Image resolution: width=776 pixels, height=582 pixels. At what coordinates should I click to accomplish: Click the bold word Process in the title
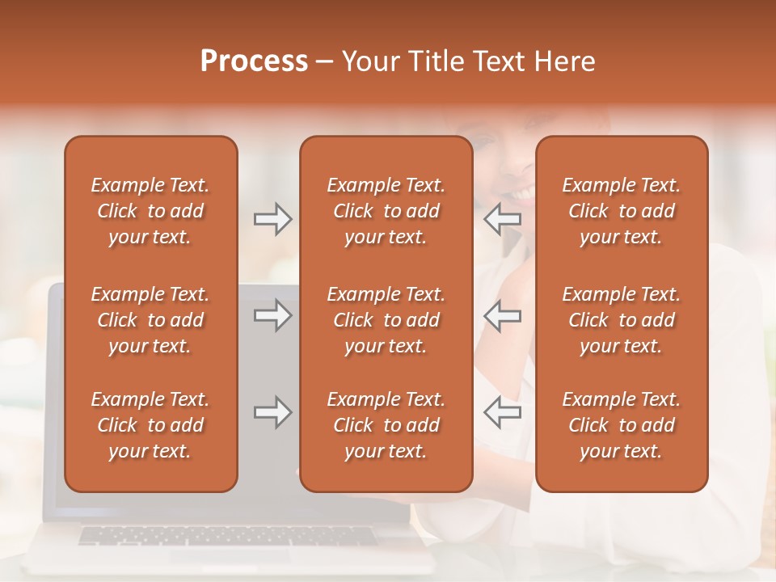(254, 61)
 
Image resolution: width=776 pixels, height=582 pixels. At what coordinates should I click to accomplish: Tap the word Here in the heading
(563, 61)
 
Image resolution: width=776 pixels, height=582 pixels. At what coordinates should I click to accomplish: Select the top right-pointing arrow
(272, 219)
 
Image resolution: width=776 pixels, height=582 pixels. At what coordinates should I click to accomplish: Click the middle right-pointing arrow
(272, 315)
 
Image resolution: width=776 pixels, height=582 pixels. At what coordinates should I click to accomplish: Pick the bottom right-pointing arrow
(272, 412)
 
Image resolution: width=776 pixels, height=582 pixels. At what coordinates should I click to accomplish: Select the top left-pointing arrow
(502, 219)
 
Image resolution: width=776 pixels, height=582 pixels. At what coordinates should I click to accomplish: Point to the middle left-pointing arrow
(502, 315)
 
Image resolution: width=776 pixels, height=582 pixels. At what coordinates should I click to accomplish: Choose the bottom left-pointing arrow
(502, 412)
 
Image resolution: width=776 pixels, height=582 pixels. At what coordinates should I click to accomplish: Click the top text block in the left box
(150, 211)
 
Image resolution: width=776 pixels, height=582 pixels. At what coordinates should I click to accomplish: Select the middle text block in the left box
(150, 320)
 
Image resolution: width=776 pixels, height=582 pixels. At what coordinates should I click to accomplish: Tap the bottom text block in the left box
(150, 425)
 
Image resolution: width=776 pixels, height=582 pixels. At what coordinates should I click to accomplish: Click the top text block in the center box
(386, 211)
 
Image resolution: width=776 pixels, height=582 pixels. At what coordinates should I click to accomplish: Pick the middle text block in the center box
(386, 320)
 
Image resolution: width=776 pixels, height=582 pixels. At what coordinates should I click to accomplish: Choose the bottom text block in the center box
(386, 425)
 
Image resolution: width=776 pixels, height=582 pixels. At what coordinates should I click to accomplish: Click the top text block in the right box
(621, 211)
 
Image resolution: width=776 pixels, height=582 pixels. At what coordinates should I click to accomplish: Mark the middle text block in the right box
(621, 320)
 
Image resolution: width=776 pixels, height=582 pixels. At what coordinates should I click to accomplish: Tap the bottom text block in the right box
(621, 425)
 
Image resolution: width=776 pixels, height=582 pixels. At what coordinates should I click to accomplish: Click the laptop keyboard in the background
(226, 537)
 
